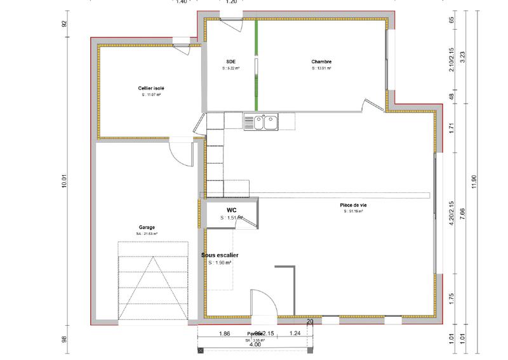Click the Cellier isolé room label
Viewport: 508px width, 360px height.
point(150,88)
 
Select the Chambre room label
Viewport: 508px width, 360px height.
point(322,62)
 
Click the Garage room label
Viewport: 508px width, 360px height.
point(147,227)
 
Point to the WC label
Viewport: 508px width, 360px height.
point(232,209)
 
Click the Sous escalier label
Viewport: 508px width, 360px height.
point(219,255)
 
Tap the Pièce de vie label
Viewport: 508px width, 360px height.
point(353,205)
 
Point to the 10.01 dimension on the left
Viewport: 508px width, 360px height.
point(63,180)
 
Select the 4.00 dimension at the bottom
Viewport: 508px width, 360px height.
point(254,345)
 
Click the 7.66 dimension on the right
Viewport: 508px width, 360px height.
point(463,214)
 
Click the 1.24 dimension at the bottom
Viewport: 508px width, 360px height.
point(295,333)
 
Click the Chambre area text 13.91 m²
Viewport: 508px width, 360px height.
point(322,69)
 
